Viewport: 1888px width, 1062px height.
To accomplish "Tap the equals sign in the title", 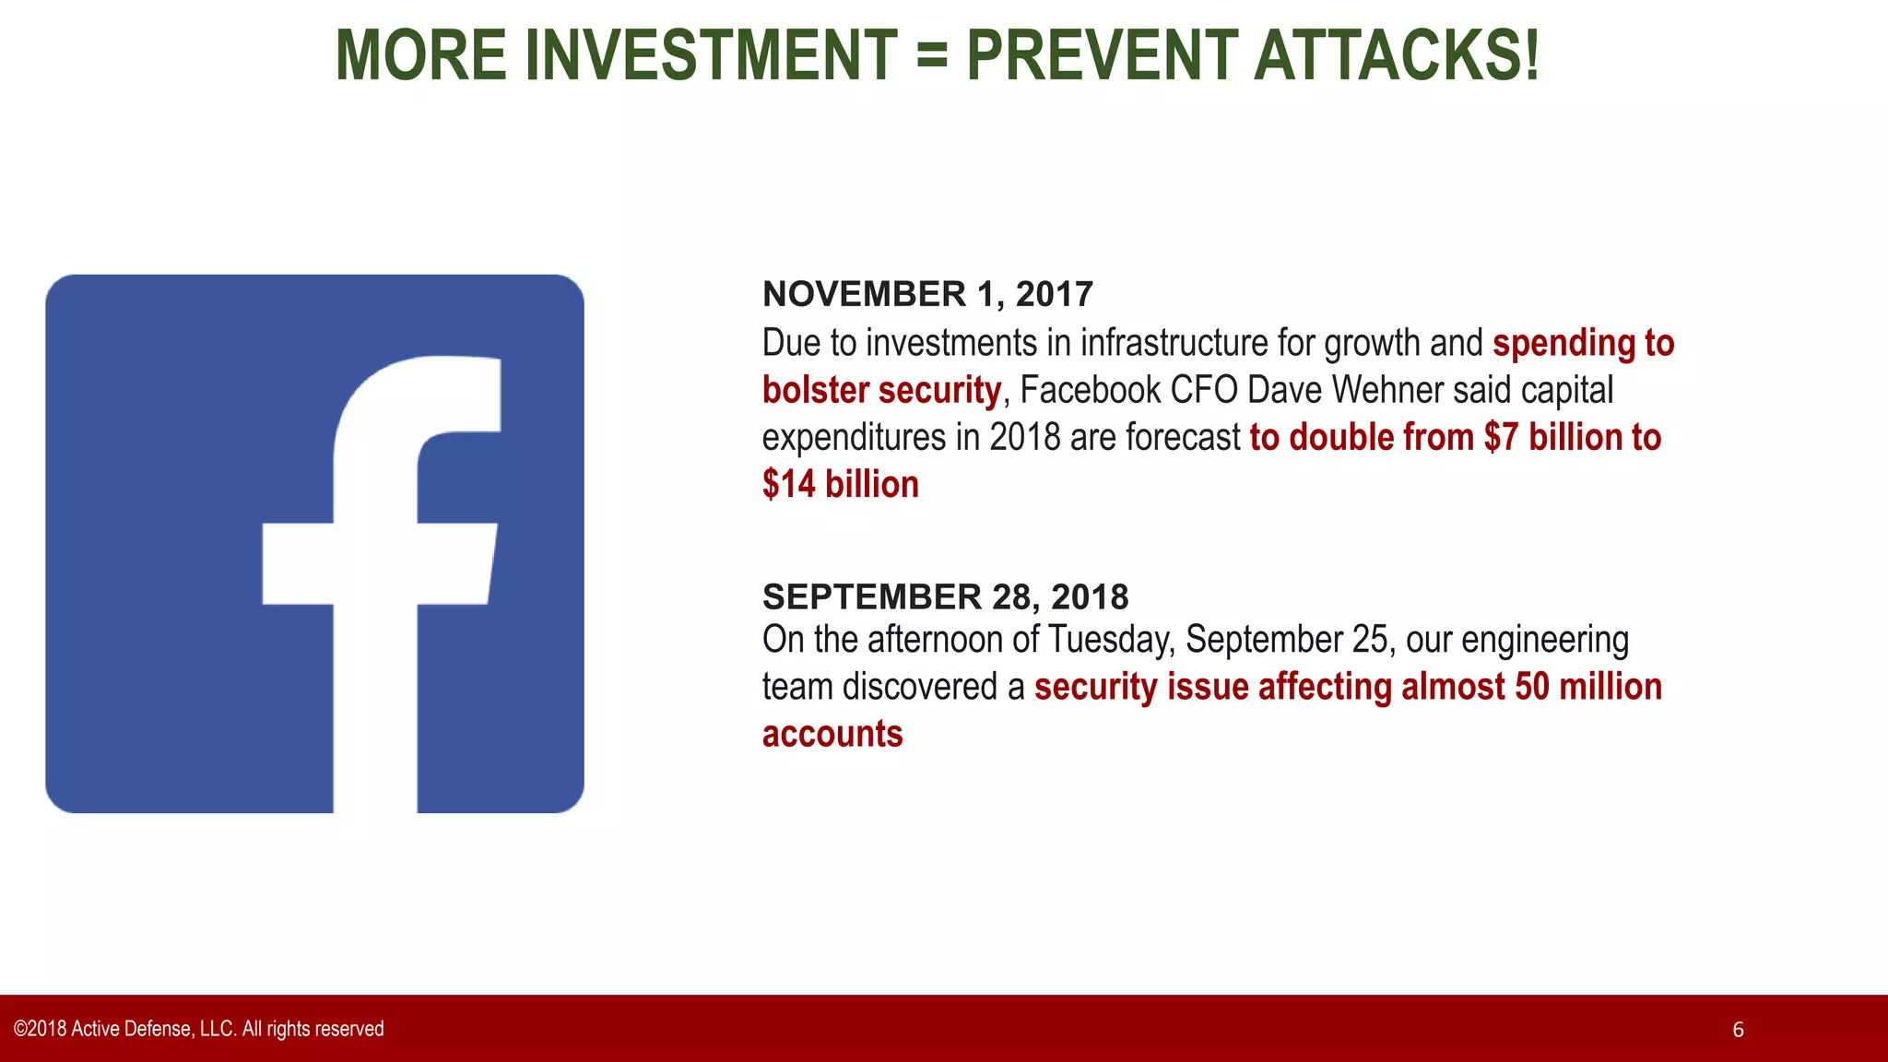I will (x=932, y=55).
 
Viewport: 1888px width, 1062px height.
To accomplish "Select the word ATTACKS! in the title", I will (x=1396, y=55).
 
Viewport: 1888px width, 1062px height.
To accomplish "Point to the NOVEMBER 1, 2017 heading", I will (x=927, y=294).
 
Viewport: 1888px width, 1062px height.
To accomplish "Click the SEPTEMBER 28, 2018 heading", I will (x=945, y=596).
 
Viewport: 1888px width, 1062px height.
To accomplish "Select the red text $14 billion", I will (x=840, y=484).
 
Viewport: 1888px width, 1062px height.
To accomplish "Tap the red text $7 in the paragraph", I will (x=1500, y=437).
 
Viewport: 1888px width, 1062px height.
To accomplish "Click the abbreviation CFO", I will (x=1204, y=390).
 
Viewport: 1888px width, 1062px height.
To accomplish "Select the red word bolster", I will (x=816, y=390).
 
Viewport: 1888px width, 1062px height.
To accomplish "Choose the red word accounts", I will (x=832, y=734).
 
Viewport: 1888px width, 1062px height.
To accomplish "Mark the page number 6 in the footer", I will (x=1738, y=1030).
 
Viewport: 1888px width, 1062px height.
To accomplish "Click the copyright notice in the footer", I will (x=198, y=1029).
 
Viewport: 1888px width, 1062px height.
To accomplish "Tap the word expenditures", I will (x=854, y=437).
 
